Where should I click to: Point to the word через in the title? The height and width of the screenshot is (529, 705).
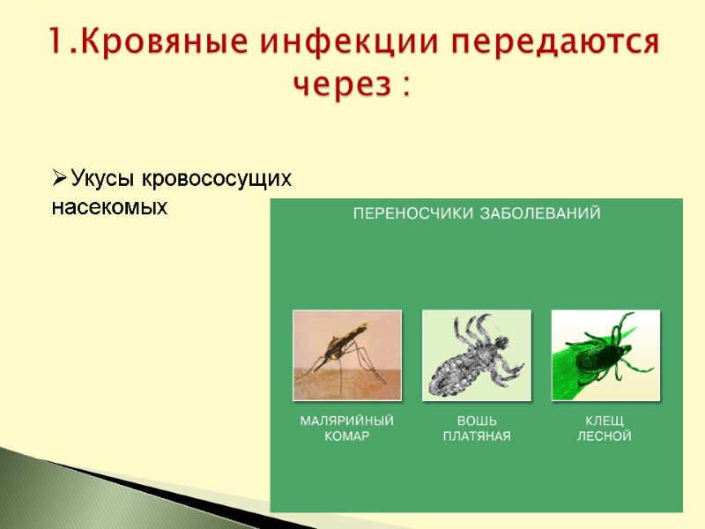click(339, 85)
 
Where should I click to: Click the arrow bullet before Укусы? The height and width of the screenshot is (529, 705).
click(59, 180)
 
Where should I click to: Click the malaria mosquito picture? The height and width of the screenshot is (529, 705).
click(346, 355)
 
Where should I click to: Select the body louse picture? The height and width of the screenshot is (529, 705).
click(476, 355)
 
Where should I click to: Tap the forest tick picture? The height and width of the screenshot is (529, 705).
click(605, 355)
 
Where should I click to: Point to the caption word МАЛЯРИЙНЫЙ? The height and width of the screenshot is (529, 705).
click(346, 421)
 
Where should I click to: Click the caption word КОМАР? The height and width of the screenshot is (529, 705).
click(346, 436)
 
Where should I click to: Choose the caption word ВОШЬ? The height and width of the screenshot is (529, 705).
click(476, 421)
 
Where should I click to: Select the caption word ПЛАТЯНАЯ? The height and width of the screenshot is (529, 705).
click(476, 436)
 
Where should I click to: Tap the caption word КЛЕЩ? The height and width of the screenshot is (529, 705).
click(605, 421)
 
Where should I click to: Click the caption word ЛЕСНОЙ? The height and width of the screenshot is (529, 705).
click(605, 436)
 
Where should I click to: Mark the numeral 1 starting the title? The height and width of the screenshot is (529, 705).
click(55, 43)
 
